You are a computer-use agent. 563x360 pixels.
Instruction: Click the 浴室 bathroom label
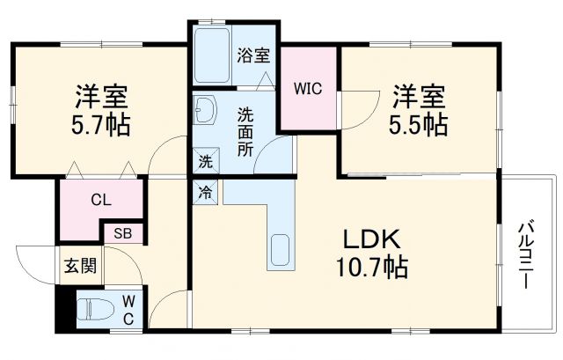coord(252,55)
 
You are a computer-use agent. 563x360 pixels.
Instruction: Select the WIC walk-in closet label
coord(308,88)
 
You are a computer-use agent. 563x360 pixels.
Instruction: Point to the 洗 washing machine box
coord(203,161)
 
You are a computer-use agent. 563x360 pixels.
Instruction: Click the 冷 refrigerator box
coord(203,191)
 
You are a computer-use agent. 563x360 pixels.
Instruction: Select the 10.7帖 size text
coord(371,266)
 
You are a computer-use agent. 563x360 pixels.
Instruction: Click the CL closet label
coord(100,200)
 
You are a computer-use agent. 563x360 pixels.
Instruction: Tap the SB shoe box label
coord(121,234)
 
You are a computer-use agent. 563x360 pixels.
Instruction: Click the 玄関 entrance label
coord(79,264)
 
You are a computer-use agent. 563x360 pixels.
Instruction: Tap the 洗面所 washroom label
coord(246,130)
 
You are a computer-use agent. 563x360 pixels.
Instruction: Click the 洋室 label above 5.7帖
coord(99,94)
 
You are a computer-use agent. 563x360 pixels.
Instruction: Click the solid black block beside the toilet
coord(62,309)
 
